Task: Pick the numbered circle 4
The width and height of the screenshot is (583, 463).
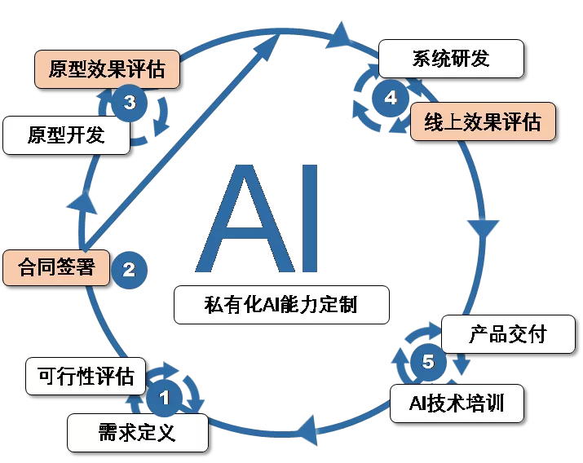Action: (x=391, y=98)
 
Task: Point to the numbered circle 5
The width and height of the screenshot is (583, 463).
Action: (x=428, y=361)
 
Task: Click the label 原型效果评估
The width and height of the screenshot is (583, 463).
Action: (x=107, y=69)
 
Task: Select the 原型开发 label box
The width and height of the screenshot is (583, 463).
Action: (x=66, y=134)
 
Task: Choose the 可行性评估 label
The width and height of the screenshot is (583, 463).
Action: (x=86, y=377)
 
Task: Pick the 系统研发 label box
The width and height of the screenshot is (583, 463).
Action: (x=451, y=59)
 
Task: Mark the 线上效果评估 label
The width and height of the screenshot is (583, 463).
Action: (x=483, y=121)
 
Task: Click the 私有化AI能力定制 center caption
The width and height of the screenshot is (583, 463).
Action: (x=280, y=305)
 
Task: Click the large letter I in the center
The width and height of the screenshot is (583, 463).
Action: (x=303, y=218)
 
